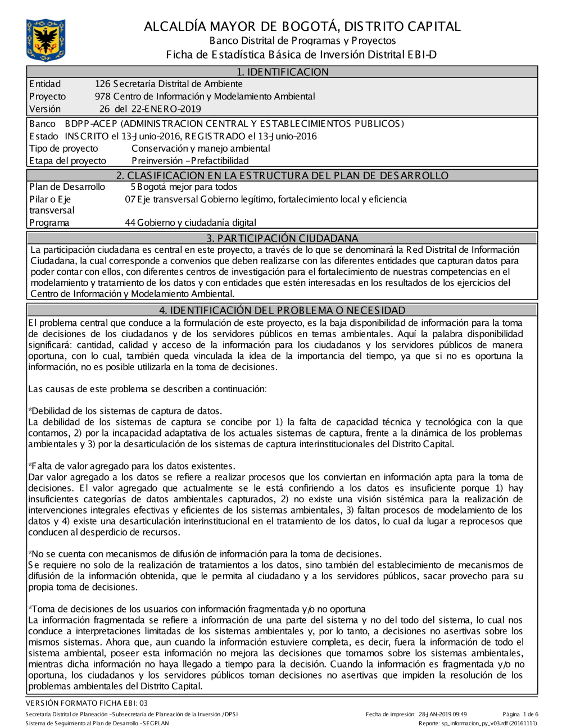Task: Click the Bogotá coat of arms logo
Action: point(46,40)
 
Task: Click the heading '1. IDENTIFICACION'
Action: point(282,72)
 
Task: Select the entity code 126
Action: point(102,84)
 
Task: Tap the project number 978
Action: point(102,97)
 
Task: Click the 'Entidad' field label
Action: point(45,84)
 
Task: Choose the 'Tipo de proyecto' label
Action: point(64,148)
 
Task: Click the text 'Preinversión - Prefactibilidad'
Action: point(190,161)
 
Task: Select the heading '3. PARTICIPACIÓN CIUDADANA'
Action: point(282,238)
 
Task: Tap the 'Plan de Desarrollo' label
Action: point(67,187)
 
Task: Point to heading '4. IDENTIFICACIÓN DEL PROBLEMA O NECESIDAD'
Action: point(282,310)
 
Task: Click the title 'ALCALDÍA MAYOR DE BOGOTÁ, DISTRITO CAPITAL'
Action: point(302,26)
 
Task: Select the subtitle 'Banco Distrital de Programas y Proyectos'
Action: point(302,40)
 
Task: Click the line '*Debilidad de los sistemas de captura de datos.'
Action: point(125,411)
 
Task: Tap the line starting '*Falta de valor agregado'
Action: point(132,466)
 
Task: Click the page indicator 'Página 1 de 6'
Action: point(520,714)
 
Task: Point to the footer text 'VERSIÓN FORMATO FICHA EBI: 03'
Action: point(87,703)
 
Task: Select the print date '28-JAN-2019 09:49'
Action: point(443,714)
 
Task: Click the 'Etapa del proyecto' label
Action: point(67,161)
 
